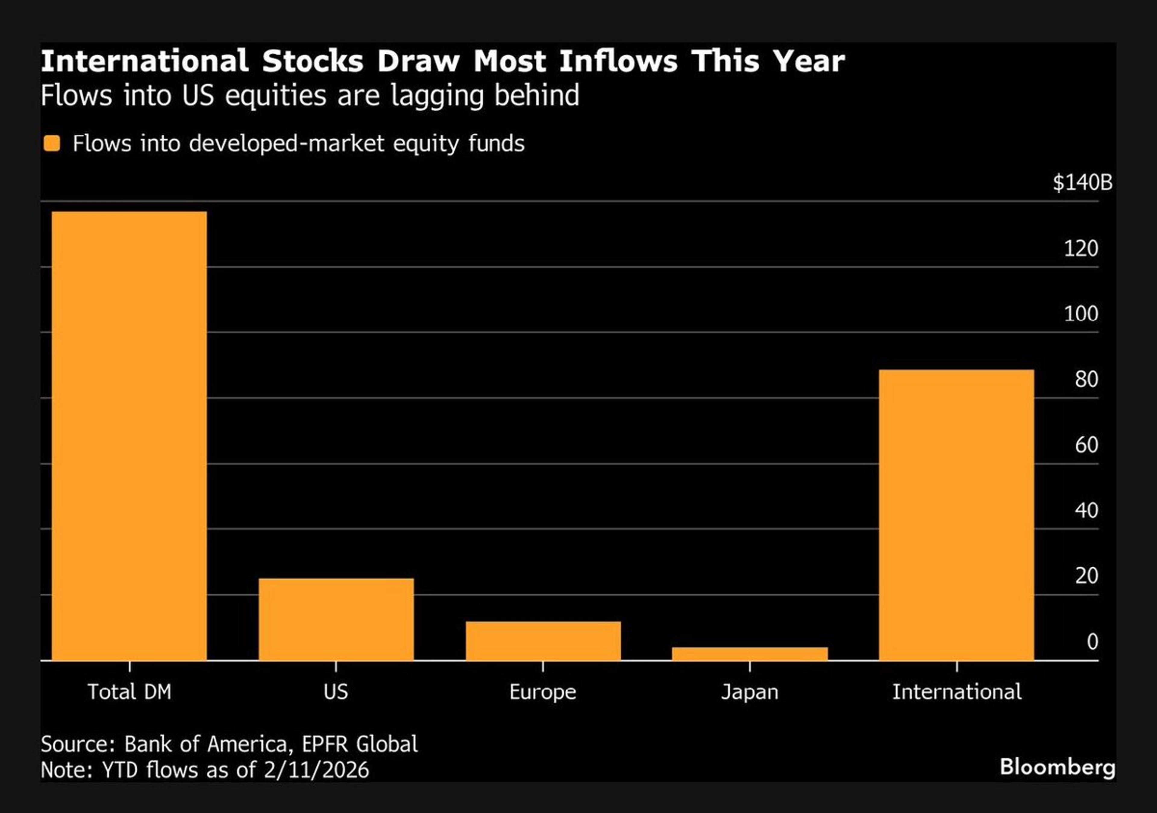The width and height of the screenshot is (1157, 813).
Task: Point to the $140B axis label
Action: click(x=1082, y=182)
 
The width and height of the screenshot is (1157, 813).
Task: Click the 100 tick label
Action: click(x=1080, y=314)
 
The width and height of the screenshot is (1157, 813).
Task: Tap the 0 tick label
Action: click(x=1092, y=642)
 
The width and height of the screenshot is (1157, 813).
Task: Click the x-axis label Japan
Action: click(x=750, y=692)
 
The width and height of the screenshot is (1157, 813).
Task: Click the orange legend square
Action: click(x=52, y=144)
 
